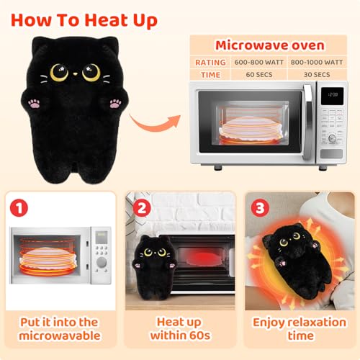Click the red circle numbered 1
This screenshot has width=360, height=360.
[x=19, y=208]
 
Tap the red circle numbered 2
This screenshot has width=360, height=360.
[x=142, y=208]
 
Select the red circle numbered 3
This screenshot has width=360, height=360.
[x=260, y=208]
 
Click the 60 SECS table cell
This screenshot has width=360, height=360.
[x=259, y=75]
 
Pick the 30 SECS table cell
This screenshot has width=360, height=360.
[x=317, y=75]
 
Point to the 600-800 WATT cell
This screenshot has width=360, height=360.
[x=259, y=63]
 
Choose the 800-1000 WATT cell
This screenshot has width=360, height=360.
[x=317, y=63]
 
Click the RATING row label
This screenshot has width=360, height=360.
[x=210, y=63]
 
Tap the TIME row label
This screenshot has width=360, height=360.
[x=210, y=75]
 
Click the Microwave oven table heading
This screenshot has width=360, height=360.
[x=270, y=45]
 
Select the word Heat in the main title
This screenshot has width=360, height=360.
[x=107, y=20]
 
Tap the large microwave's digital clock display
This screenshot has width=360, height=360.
[x=333, y=95]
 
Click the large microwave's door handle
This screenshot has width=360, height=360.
[x=308, y=122]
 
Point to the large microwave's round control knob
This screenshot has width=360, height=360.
[x=333, y=138]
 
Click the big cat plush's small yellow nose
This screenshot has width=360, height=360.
[x=76, y=74]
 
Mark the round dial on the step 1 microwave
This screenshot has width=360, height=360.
[x=102, y=262]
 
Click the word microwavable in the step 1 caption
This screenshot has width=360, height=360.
[x=60, y=336]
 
